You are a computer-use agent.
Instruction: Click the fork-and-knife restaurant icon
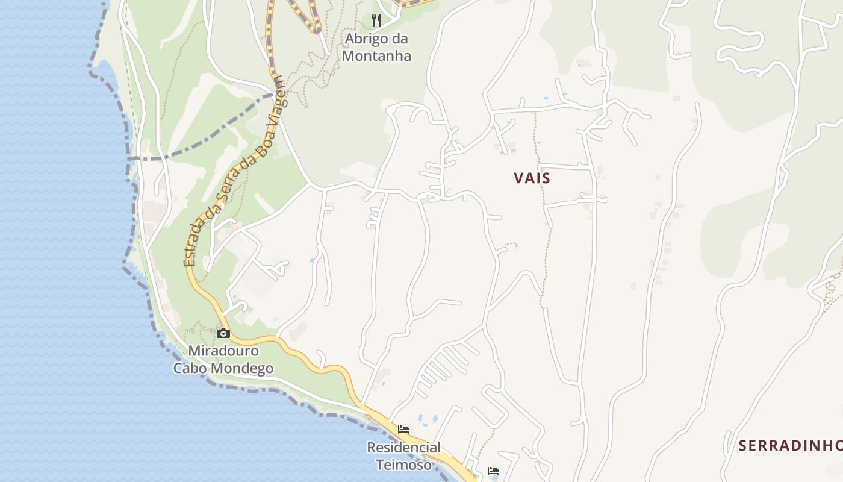376,20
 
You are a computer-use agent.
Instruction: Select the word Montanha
376,56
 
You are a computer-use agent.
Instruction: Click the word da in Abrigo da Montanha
399,39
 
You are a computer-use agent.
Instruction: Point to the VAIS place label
532,178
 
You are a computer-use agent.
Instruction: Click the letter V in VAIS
519,178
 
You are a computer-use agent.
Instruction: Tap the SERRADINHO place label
790,446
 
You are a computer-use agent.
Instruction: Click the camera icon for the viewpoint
223,333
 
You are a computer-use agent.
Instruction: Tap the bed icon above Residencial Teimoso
403,430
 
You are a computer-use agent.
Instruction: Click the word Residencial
403,448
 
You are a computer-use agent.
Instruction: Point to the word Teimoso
403,465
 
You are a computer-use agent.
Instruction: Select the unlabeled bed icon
493,471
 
